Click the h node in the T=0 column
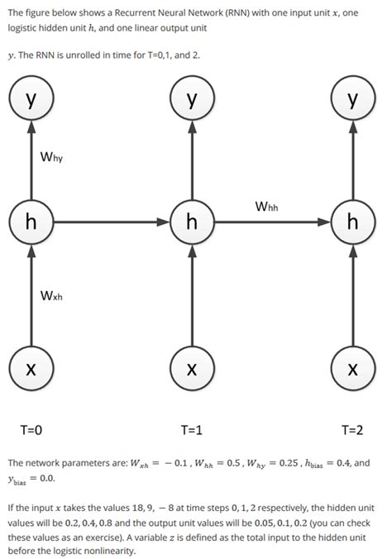pos(31,222)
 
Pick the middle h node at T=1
pos(192,222)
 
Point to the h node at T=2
pos(353,222)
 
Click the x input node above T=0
pos(31,367)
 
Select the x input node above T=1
pos(192,367)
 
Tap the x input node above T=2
pos(353,367)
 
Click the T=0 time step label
pos(31,429)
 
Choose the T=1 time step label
pos(191,429)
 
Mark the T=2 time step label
pos(352,429)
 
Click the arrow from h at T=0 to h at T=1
pos(111,222)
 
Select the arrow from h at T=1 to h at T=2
pos(273,222)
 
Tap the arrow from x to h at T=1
pos(192,294)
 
